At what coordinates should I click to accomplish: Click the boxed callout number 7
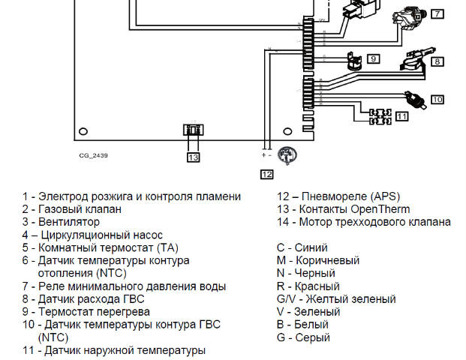click(x=437, y=13)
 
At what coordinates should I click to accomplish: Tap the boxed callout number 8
click(x=437, y=61)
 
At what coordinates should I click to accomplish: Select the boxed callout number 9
click(x=373, y=58)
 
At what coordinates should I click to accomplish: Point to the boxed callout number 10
click(x=437, y=98)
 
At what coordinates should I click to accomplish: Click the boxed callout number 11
click(x=402, y=116)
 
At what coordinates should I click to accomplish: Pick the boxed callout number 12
click(x=267, y=174)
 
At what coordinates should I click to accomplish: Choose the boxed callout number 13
click(x=194, y=157)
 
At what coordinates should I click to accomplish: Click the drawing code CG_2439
click(x=94, y=156)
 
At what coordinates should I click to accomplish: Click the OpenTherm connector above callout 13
click(x=193, y=130)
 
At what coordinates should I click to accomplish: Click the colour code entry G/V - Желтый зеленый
click(x=336, y=298)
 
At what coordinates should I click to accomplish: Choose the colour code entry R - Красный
click(x=308, y=286)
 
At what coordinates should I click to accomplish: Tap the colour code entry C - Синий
click(x=302, y=247)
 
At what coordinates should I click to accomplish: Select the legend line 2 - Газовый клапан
click(x=71, y=209)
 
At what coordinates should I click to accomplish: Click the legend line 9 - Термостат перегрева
click(x=86, y=311)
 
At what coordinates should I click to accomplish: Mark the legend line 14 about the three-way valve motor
click(x=364, y=222)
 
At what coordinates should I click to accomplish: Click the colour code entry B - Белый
click(x=302, y=325)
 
